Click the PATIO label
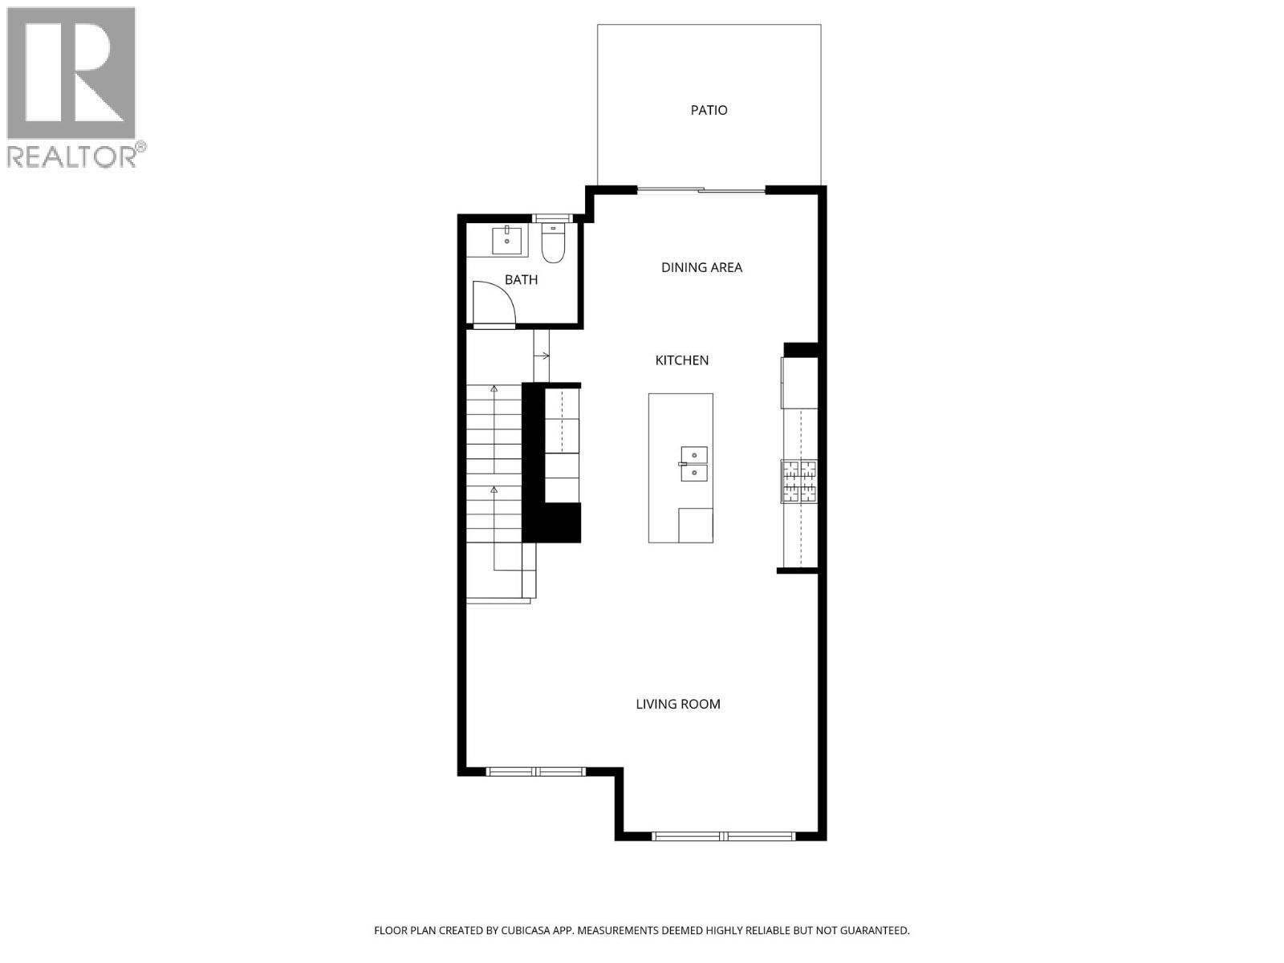coord(709,110)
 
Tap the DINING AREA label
coord(701,267)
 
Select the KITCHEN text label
coord(682,360)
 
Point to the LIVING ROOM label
coord(678,704)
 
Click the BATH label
coord(521,280)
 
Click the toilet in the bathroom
coord(553,245)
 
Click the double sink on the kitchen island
coord(693,465)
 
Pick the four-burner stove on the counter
coord(799,481)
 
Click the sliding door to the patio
coord(701,190)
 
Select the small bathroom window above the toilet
coord(553,217)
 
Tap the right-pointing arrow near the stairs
coord(543,356)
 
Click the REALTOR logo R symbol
coord(71,74)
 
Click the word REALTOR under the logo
coord(72,156)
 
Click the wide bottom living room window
coord(724,836)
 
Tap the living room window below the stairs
coord(536,772)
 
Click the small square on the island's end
coord(695,525)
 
